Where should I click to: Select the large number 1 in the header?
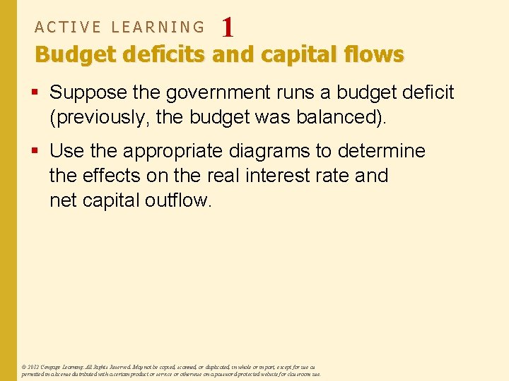point(227,28)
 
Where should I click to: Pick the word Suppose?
point(84,93)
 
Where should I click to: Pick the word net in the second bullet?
point(63,200)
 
